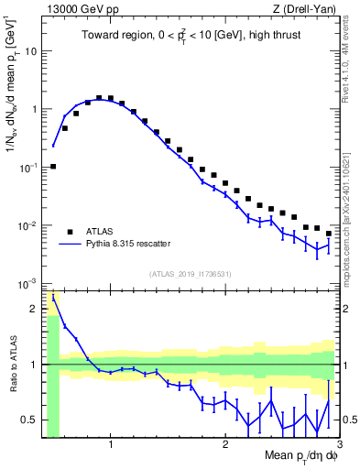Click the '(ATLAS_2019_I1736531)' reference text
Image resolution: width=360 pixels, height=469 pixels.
(189, 273)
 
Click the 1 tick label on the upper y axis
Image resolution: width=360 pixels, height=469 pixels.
(34, 109)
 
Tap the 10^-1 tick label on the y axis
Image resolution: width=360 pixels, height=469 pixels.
(29, 167)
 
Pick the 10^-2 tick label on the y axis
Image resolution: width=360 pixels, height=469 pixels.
(29, 225)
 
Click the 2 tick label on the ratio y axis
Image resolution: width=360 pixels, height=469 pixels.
(34, 308)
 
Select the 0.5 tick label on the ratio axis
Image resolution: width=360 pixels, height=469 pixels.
(30, 420)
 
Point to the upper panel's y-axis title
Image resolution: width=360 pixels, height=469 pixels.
(12, 100)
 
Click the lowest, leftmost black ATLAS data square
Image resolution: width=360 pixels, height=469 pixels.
(53, 167)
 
